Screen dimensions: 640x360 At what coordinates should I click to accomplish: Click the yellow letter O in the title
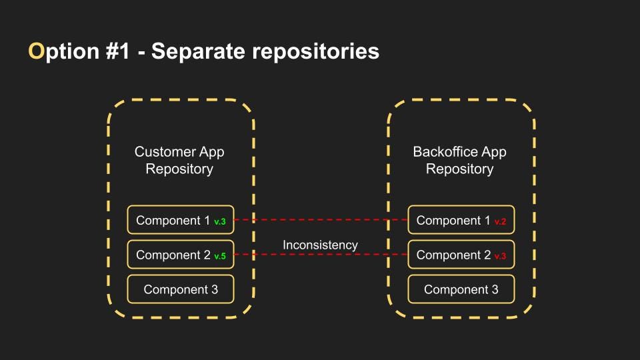(36, 51)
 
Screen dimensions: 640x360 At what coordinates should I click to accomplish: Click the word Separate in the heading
(198, 52)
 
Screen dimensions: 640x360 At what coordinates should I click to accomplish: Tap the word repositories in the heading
(315, 52)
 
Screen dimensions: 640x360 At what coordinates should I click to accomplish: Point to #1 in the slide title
(117, 51)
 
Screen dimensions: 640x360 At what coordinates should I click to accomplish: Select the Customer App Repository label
(179, 160)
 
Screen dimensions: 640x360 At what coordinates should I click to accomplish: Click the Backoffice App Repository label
(459, 160)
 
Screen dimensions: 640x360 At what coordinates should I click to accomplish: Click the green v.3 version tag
(220, 221)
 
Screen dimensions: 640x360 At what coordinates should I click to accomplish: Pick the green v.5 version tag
(220, 256)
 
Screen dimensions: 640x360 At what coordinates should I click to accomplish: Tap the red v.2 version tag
(501, 221)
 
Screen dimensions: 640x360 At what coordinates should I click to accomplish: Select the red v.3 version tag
(501, 256)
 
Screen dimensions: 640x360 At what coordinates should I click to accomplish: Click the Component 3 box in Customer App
(181, 289)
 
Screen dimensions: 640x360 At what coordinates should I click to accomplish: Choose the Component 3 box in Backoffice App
(461, 289)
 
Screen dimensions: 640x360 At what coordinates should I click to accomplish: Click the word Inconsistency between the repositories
(321, 245)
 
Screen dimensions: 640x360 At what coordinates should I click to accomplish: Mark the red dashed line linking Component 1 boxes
(321, 219)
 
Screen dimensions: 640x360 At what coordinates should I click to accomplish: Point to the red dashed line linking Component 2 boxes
(321, 254)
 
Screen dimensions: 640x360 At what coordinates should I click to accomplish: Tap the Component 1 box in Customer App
(181, 219)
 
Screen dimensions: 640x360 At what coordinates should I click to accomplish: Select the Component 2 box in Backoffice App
(461, 254)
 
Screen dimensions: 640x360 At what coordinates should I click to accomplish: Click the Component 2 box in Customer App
(181, 254)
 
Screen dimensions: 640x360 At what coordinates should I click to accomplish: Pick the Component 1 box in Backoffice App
(461, 219)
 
